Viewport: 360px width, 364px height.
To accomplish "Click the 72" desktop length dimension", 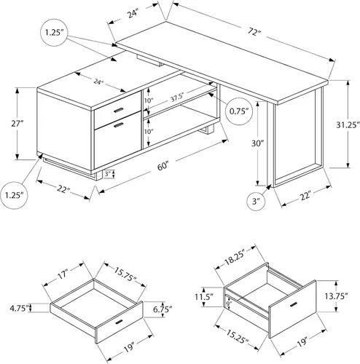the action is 254,31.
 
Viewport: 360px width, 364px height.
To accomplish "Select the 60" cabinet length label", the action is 163,167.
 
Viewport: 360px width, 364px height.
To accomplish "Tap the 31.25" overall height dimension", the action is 348,125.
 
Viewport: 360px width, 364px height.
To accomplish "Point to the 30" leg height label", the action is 257,143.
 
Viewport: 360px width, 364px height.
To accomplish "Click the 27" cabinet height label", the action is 17,124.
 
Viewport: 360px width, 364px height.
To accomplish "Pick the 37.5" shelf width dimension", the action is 176,98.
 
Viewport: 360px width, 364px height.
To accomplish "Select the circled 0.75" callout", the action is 239,111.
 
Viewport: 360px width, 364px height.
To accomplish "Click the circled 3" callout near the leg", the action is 256,201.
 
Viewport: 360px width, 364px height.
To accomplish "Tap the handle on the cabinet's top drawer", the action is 118,110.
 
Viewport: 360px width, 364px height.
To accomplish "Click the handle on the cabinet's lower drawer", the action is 119,124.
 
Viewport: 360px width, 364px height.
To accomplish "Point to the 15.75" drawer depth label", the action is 125,274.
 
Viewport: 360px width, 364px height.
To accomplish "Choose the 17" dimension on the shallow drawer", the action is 62,274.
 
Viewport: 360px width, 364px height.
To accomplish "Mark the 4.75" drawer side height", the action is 19,308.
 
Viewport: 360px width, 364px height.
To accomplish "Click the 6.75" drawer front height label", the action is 163,309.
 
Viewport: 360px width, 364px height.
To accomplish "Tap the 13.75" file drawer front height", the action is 336,296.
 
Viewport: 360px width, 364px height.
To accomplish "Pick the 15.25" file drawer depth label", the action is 237,336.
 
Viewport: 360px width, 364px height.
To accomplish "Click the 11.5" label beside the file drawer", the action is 204,296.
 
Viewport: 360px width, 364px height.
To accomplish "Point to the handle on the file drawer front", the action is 294,304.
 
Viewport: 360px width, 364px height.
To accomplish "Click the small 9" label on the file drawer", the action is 228,304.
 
